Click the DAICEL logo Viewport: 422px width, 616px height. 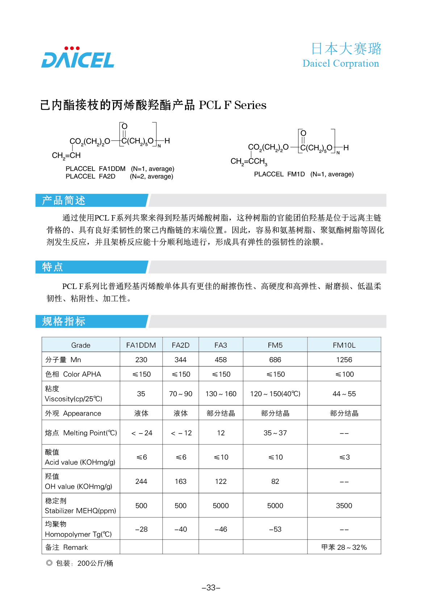[78, 58]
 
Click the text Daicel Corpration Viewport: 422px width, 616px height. [340, 64]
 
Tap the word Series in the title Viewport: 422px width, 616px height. [250, 105]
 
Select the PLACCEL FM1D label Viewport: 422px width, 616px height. [279, 174]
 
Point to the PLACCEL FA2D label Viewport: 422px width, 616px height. [90, 176]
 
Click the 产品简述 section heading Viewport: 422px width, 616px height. [64, 200]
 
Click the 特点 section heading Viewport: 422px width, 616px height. [53, 267]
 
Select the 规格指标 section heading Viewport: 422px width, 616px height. [64, 321]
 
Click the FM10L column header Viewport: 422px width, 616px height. [344, 345]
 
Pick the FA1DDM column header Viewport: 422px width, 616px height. [141, 345]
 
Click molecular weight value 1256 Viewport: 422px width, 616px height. [344, 360]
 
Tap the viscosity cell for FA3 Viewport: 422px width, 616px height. [221, 394]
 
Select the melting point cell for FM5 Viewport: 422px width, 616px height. [275, 433]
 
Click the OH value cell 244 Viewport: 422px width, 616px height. [141, 481]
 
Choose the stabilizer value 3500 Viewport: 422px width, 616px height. [344, 506]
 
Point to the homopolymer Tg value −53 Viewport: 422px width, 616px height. [275, 529]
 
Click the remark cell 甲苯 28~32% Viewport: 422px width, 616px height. [344, 547]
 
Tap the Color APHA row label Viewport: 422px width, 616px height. [73, 374]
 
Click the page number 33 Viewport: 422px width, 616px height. [211, 587]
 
